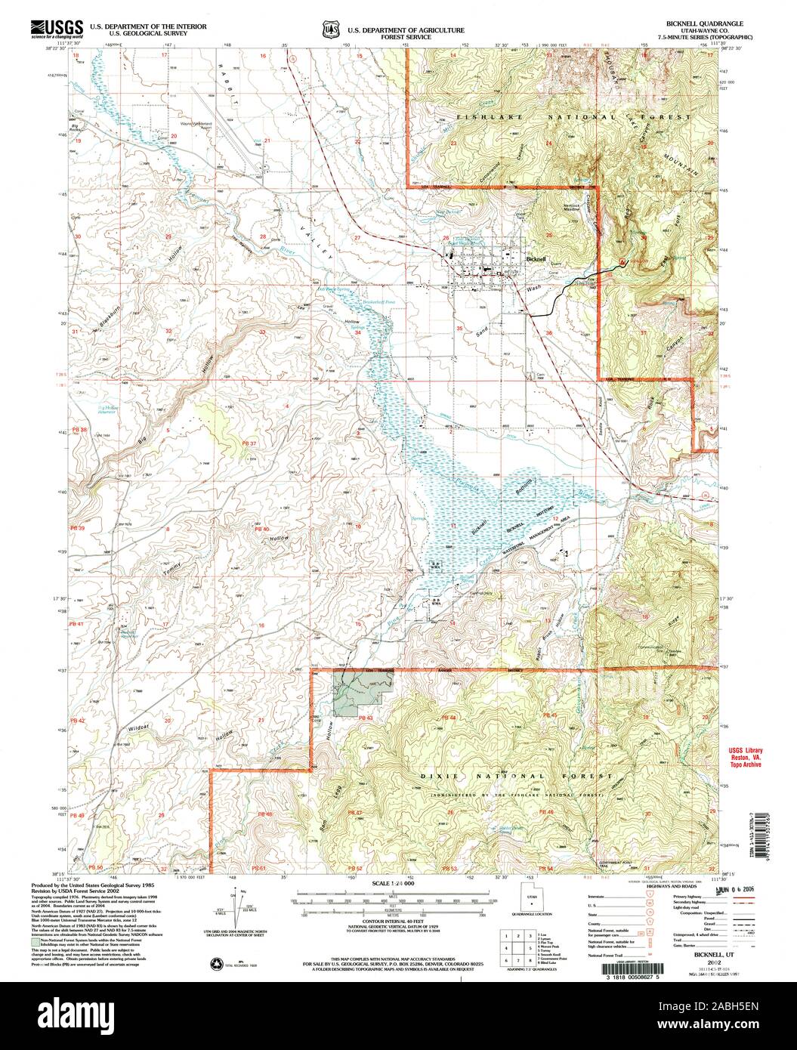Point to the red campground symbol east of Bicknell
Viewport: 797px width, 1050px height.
pyautogui.click(x=622, y=261)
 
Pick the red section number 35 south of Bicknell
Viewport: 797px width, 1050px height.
pyautogui.click(x=459, y=329)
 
